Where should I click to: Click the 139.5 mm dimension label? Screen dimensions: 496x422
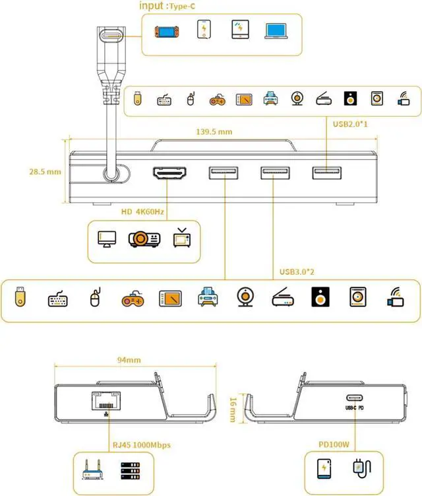point(214,131)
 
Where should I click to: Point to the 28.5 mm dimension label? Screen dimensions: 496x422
point(45,172)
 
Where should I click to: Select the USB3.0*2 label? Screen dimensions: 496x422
point(298,271)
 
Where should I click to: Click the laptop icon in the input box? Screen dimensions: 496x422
point(276,30)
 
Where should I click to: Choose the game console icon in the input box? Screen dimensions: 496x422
point(166,31)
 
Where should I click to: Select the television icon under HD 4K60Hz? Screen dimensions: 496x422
point(181,238)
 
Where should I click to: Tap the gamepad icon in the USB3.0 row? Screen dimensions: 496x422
point(131,299)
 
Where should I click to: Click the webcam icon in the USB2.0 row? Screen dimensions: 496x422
point(297,99)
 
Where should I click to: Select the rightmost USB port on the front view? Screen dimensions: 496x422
point(327,174)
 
